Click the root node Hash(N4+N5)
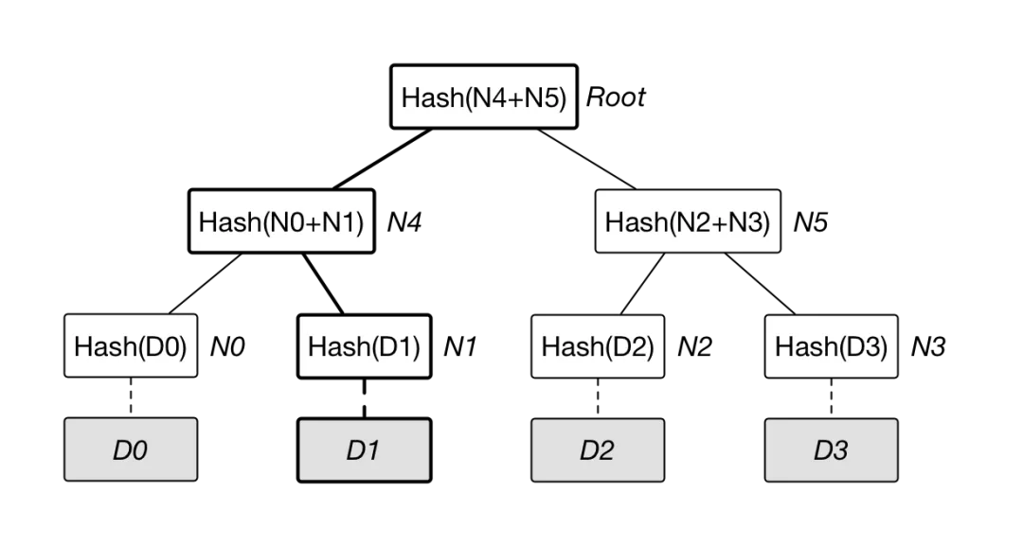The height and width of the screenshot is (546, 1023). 483,97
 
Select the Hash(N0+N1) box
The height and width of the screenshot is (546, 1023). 281,221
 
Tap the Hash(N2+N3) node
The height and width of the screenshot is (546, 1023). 687,221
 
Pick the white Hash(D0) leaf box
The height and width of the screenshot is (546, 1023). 130,346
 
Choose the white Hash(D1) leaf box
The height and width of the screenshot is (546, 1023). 364,346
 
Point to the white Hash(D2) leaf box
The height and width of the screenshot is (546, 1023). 598,346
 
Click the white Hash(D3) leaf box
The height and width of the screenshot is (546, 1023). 831,346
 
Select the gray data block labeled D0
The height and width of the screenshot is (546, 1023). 130,450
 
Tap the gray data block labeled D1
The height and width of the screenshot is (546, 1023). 364,450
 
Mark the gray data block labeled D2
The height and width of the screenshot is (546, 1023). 598,450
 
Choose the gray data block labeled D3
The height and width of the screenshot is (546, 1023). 831,450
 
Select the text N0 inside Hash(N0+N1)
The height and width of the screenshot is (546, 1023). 280,222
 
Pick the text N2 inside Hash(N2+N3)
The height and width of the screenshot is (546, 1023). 687,222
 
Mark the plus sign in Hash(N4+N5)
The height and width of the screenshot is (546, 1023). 511,97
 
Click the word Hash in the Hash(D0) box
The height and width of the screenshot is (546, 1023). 105,346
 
